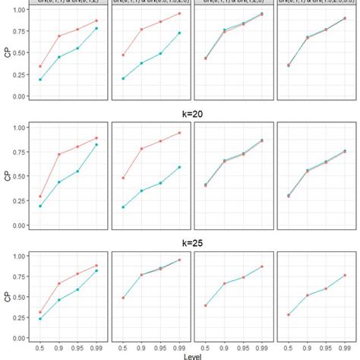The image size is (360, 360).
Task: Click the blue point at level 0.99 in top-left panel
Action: coord(96,28)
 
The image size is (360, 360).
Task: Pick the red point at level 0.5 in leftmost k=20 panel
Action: coord(40,197)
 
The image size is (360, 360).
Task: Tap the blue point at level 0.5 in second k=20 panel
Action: coord(123,207)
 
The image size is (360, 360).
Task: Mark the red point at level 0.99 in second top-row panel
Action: coord(179,14)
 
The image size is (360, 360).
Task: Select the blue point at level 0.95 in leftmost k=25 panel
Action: coord(77,289)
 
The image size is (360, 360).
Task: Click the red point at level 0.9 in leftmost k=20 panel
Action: coord(59,154)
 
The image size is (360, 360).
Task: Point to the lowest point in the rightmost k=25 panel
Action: coord(289,314)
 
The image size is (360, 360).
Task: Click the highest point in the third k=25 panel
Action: coord(261,267)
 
